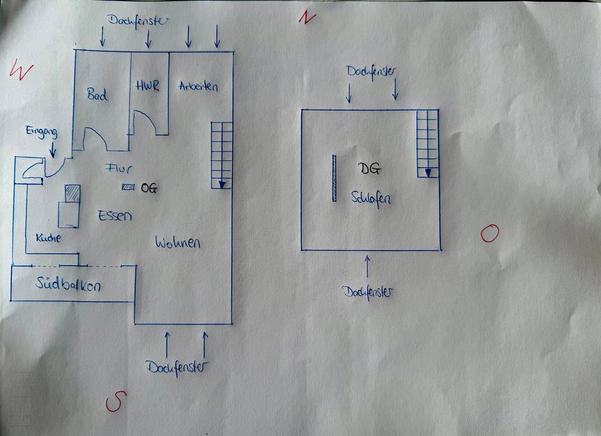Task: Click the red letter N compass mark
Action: click(x=307, y=18)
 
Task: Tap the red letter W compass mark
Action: click(x=21, y=70)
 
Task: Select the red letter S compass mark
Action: click(x=116, y=401)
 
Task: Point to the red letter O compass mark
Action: click(x=490, y=233)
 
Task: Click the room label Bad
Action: click(x=97, y=95)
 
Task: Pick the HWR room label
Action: click(x=147, y=85)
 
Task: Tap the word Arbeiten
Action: click(x=198, y=86)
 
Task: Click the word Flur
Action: click(x=118, y=168)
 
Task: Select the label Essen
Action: click(x=115, y=216)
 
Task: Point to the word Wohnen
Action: click(x=177, y=242)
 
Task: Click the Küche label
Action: click(x=48, y=238)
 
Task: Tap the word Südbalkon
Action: click(x=68, y=284)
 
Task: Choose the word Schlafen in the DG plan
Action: click(x=371, y=199)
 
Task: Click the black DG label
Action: click(x=369, y=169)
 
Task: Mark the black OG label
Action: click(x=149, y=188)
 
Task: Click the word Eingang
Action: click(x=42, y=132)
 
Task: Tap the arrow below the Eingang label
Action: click(x=53, y=149)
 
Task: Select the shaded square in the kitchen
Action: click(x=73, y=194)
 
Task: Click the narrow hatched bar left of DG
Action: click(x=334, y=179)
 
